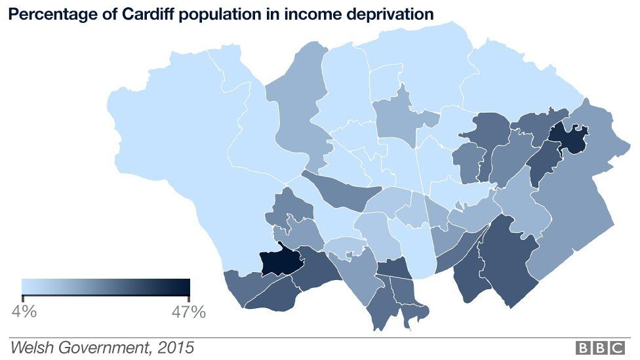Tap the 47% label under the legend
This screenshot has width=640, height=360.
click(x=188, y=311)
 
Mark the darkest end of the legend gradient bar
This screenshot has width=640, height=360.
click(x=186, y=287)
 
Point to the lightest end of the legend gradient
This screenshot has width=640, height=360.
click(x=26, y=287)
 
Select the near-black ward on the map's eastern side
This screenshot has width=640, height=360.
click(x=567, y=138)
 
